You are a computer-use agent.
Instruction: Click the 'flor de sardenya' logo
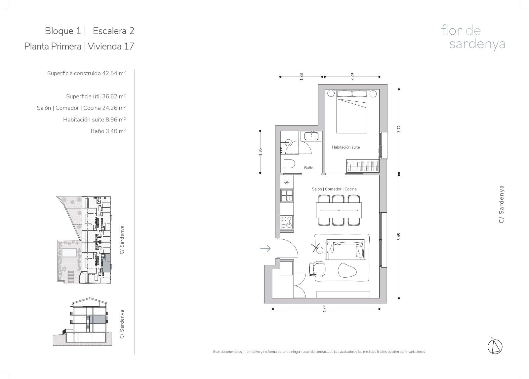coord(473,38)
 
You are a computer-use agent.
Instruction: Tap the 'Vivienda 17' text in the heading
coord(111,46)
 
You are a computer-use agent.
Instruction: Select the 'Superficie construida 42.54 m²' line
coord(86,73)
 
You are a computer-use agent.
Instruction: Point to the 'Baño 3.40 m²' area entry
coord(108,131)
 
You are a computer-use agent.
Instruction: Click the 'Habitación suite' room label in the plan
coord(346,147)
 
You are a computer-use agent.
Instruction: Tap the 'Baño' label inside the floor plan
coord(309,168)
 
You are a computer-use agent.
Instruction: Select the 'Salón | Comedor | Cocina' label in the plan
coord(334,189)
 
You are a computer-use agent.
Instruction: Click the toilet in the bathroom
coord(290,164)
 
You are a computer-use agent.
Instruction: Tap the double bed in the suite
coord(352,111)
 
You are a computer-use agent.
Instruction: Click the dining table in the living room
coord(339,210)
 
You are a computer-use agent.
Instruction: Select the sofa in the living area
coord(346,250)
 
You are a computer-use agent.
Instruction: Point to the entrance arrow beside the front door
coord(265,248)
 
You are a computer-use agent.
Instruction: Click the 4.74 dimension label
coord(324,309)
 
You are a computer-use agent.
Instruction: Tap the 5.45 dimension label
coord(399,236)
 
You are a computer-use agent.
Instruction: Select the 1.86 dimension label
coord(260,152)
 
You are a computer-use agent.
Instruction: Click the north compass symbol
coord(495,347)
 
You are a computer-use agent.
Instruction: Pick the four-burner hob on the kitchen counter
coord(287,222)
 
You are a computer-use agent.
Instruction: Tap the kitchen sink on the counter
coord(287,195)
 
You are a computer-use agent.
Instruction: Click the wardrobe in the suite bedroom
coord(362,166)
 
